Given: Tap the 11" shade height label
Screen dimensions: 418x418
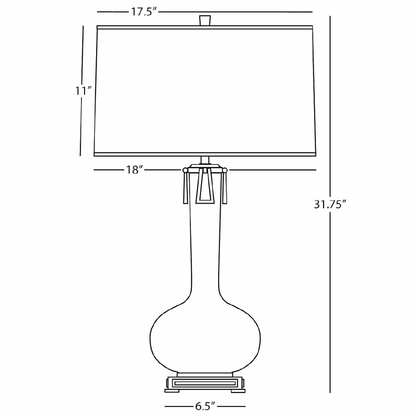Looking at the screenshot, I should tap(83, 91).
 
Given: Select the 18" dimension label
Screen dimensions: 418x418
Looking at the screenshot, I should tap(135, 170).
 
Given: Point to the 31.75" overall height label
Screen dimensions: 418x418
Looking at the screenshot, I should tap(329, 204).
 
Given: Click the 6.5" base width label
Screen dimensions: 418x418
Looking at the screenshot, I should tap(205, 406).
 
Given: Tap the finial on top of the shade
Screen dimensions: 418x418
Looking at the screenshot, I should tap(205, 20).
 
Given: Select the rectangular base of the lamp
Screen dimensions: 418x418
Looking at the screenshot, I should tap(205, 383).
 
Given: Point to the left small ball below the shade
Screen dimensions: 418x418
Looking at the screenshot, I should tap(185, 170).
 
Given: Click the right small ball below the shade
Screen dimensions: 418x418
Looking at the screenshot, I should tap(225, 170).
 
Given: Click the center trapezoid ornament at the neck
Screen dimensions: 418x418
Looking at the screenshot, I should tap(205, 186).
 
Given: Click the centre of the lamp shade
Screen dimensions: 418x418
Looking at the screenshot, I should tap(205, 91).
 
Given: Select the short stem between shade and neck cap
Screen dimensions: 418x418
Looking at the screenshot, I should tap(205, 160).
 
